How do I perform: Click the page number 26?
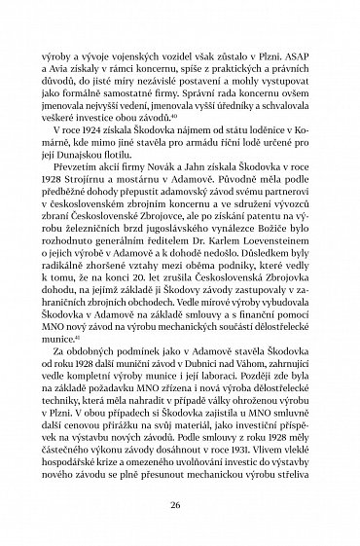(180, 504)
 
